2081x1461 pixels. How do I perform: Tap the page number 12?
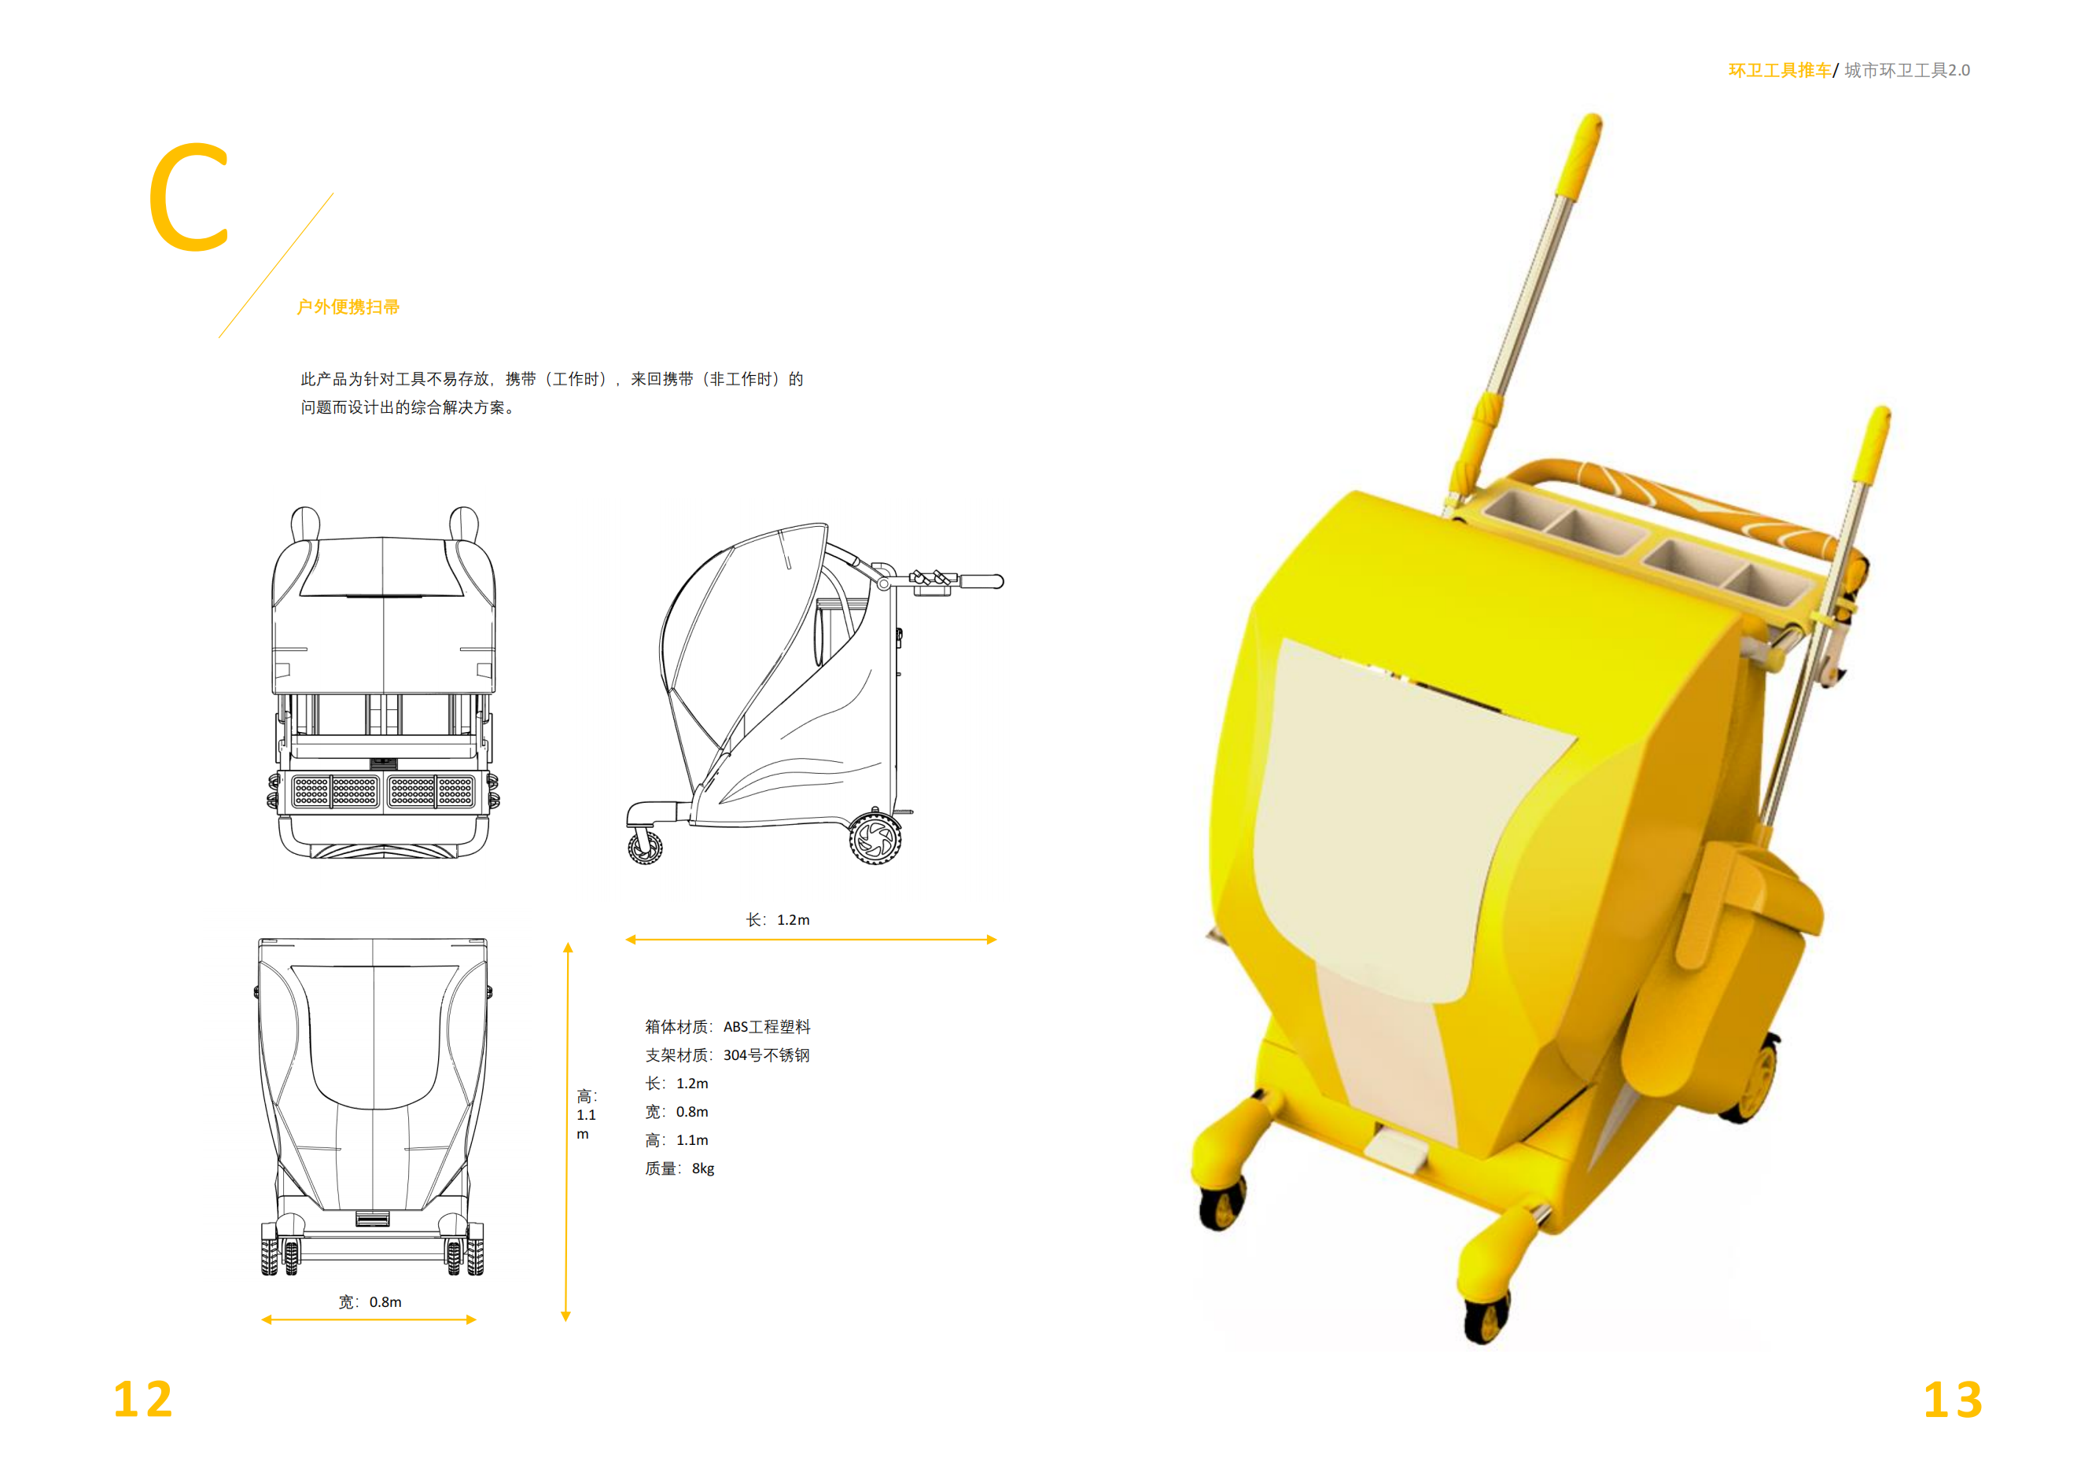[142, 1400]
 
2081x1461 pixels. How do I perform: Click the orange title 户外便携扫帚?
[348, 307]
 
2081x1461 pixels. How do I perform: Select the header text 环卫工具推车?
[1778, 71]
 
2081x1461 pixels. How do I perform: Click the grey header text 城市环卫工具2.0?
[1906, 71]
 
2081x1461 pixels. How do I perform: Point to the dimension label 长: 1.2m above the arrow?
[778, 920]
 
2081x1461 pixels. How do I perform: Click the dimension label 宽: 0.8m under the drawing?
[370, 1302]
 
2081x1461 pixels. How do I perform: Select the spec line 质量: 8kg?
[680, 1169]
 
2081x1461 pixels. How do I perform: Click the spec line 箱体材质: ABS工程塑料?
[727, 1027]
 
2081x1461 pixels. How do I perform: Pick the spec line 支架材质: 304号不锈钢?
[727, 1055]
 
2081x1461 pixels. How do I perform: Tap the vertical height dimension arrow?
[566, 1133]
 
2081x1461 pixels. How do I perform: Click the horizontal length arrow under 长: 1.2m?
[811, 940]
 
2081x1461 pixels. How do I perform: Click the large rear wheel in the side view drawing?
[875, 838]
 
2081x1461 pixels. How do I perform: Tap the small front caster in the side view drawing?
[644, 848]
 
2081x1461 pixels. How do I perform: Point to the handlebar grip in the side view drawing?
[981, 581]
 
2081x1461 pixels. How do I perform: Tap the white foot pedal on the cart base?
[1397, 1150]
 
